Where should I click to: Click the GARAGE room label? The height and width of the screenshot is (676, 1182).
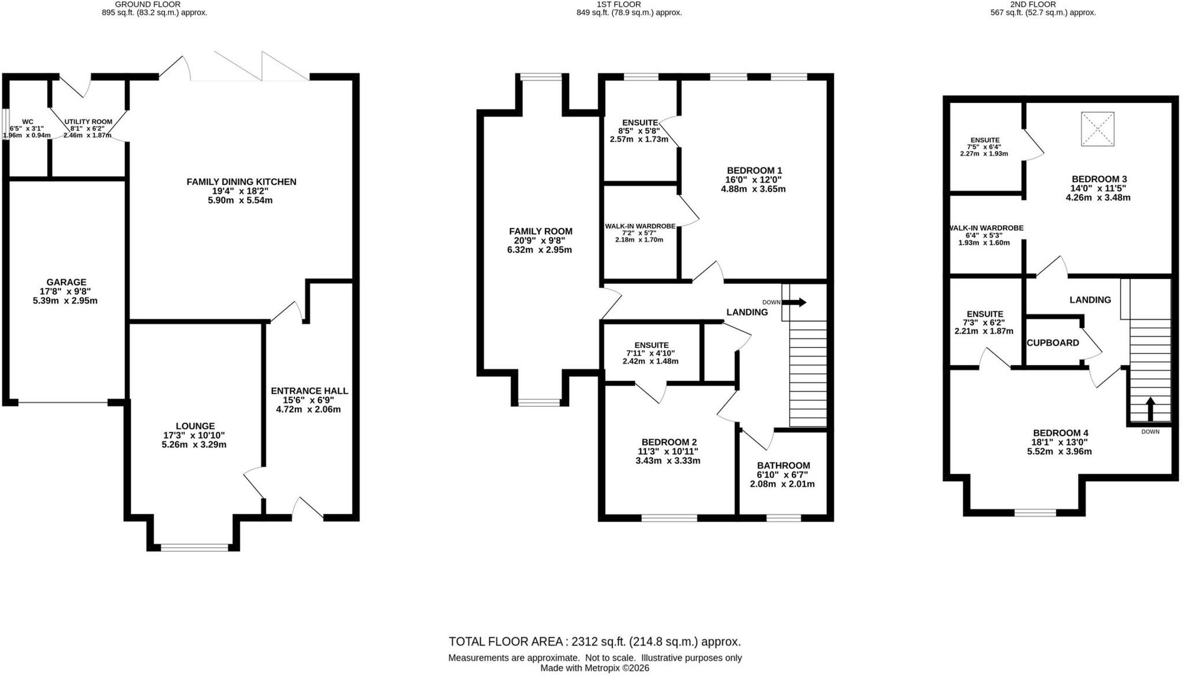66,283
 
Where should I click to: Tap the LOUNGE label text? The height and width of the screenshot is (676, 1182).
195,426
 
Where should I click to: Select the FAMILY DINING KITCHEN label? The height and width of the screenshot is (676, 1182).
241,182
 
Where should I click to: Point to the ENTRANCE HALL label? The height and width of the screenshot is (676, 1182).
309,391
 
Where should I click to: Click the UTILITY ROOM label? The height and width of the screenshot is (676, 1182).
88,122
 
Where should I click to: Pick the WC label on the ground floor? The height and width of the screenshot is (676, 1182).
28,122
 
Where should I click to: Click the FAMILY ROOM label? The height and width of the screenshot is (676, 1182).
541,232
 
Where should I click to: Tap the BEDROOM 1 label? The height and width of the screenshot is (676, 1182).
754,171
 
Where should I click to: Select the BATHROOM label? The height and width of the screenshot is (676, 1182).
782,466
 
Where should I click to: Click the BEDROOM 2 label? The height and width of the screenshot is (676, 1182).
669,442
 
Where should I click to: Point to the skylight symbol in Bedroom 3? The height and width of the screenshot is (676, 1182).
1097,129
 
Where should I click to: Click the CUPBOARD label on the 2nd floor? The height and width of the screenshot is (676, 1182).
1053,343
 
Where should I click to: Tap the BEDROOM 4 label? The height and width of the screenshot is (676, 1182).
1060,433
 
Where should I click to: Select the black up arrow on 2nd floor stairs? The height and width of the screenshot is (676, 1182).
1150,409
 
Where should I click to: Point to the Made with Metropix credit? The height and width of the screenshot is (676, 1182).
595,668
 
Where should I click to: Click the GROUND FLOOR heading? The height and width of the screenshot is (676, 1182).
148,4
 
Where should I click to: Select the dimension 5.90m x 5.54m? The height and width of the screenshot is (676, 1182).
241,200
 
